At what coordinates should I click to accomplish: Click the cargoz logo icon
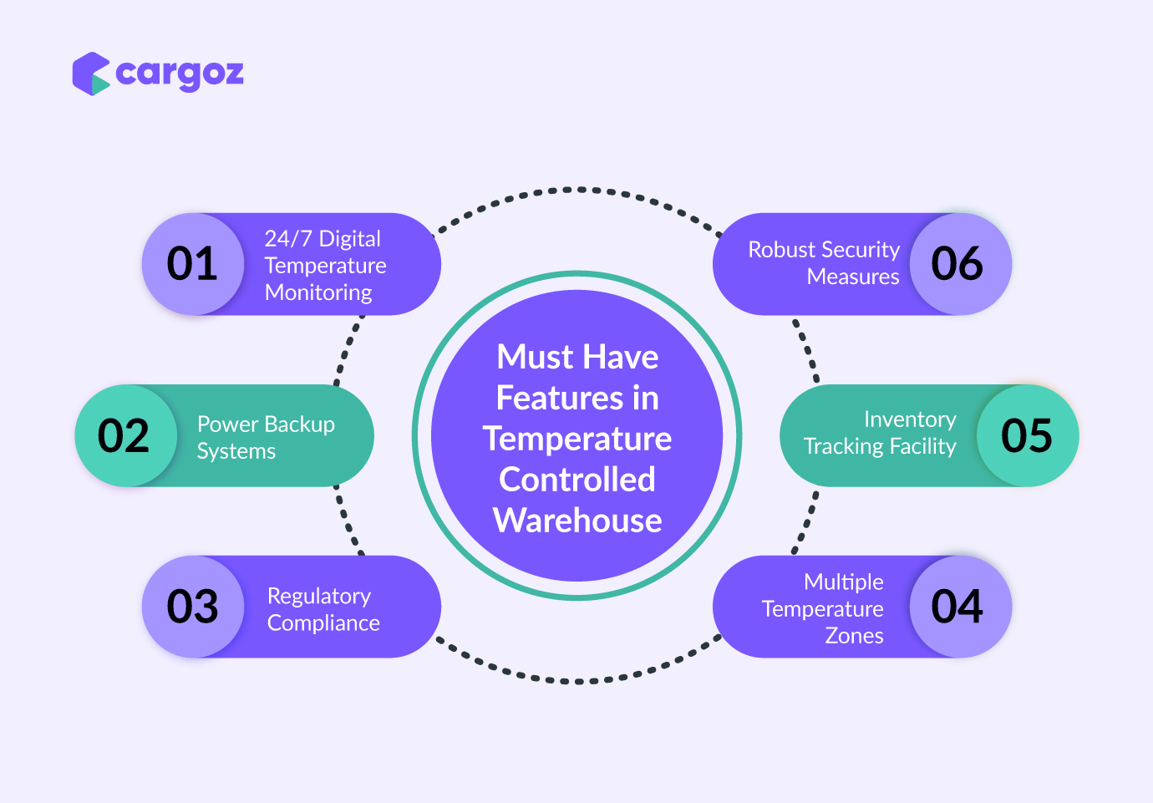pos(91,74)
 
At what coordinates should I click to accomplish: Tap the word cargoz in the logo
pos(180,75)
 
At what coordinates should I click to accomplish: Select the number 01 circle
pos(193,264)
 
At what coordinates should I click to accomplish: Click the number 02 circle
pos(126,435)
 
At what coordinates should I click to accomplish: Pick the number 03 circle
pos(193,607)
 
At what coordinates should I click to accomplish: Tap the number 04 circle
pos(961,607)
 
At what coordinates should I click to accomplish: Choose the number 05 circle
pos(1028,435)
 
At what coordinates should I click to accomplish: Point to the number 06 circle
pos(961,264)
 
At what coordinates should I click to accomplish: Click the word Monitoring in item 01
pos(318,293)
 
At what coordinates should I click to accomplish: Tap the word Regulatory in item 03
pos(319,597)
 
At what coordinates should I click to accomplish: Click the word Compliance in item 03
pos(323,624)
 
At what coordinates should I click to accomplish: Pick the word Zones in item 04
pos(855,636)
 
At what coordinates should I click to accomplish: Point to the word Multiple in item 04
pos(844,582)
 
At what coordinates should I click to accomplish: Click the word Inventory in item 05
pos(910,419)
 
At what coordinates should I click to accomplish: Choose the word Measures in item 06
pos(853,277)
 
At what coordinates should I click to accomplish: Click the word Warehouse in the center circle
pos(577,521)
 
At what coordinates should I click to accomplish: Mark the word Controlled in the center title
pos(577,480)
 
